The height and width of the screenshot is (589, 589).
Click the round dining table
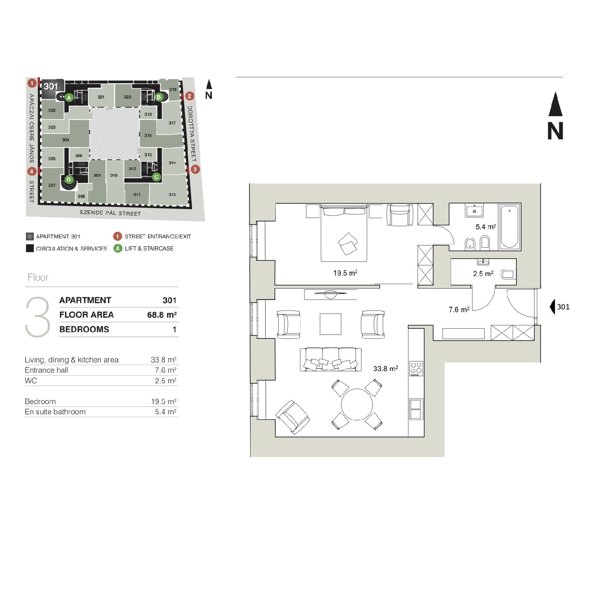pos(357,404)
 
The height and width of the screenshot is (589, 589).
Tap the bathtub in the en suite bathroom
pos(509,227)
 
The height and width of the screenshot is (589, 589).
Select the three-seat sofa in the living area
pos(329,359)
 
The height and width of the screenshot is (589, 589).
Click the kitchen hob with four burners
pos(416,369)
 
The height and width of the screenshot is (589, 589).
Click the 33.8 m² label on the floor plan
pos(386,368)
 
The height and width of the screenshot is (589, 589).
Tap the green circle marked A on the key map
pos(69,97)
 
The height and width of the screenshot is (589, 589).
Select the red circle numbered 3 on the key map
pos(195,170)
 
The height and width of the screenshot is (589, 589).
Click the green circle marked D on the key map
pos(69,180)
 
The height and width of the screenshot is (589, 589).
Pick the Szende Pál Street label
pos(110,213)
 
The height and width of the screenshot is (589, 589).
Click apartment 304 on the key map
pos(66,140)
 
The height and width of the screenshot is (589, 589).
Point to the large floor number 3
pos(38,317)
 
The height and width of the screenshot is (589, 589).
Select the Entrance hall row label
pos(46,370)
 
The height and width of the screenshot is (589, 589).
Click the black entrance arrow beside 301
pos(553,306)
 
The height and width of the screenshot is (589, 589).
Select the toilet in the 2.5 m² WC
pos(508,274)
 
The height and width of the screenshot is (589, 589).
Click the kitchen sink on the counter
pos(416,409)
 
